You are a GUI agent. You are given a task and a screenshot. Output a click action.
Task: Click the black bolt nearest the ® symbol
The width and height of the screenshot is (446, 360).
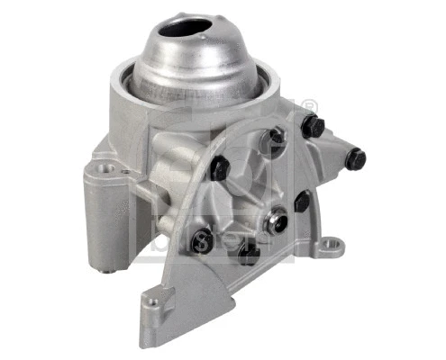[x=313, y=129]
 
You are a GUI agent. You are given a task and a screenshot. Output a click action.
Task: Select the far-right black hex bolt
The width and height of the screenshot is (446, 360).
[x=355, y=160]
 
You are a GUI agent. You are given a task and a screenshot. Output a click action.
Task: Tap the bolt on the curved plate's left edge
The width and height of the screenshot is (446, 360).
[x=219, y=168]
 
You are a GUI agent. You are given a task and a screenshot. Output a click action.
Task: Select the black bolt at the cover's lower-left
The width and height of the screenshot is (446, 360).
[x=202, y=239]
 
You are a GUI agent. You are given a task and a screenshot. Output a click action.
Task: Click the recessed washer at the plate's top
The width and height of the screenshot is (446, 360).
[x=276, y=137]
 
